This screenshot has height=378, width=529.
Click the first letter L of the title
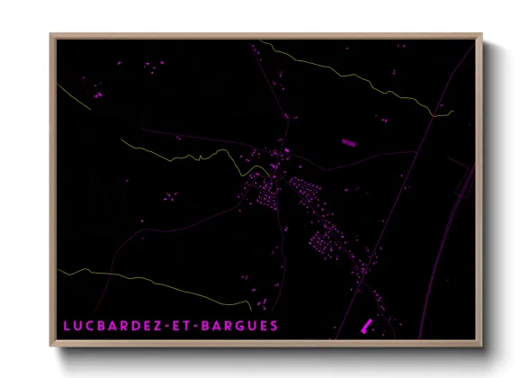pos(67,325)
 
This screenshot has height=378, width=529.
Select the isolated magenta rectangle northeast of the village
pos(348,141)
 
